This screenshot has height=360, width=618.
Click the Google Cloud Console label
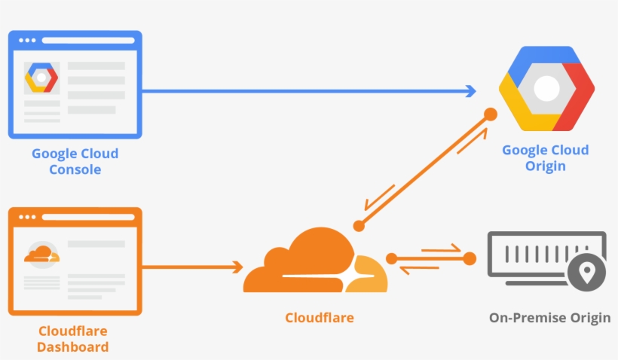point(75,161)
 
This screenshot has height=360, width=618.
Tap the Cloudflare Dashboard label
point(72,339)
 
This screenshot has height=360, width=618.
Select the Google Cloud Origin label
point(546,157)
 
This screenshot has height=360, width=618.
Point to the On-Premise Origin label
point(549,318)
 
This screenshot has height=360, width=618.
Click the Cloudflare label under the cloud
point(319,317)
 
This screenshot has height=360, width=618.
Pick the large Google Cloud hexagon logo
point(546,89)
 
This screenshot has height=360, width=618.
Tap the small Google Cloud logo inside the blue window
point(41,78)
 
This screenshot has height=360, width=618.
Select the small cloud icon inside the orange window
point(41,255)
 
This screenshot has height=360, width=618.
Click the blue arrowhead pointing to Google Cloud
point(470,91)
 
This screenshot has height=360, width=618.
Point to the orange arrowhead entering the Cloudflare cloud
point(237,267)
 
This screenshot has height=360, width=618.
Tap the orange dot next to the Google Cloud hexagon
point(490,114)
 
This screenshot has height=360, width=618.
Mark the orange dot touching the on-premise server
point(470,258)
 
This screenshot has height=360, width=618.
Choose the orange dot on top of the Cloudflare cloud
point(359,225)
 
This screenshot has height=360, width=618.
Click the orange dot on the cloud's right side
point(391,258)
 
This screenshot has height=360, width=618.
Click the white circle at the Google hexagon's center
point(546,89)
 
